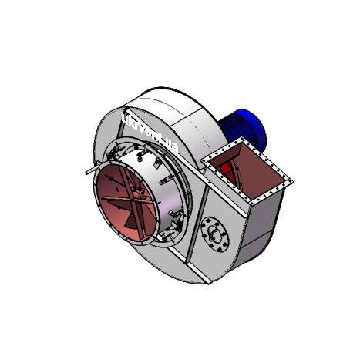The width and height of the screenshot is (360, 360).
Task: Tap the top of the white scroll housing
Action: pos(166,96)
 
